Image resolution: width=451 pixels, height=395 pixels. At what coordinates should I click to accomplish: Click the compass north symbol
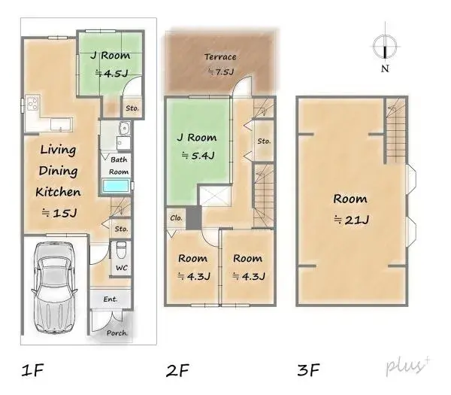tap(384, 47)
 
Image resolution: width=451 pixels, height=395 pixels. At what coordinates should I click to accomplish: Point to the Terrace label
tap(219, 57)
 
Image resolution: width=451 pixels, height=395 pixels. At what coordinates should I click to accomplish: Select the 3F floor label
tap(308, 370)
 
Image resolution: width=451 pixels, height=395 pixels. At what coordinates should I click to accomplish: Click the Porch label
tap(117, 333)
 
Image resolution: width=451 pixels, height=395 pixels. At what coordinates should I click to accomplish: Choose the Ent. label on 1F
tap(110, 299)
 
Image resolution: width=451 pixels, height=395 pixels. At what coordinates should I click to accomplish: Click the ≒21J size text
tap(350, 219)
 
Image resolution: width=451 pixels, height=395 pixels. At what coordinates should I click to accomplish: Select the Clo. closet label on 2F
tap(177, 218)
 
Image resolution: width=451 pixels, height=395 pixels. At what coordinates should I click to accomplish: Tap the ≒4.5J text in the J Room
tap(110, 74)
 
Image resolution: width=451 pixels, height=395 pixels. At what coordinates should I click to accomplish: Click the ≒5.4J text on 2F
tap(198, 156)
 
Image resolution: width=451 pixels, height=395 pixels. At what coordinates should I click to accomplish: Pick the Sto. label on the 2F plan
tap(263, 141)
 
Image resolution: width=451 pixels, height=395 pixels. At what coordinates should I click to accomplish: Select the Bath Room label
tap(120, 166)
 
